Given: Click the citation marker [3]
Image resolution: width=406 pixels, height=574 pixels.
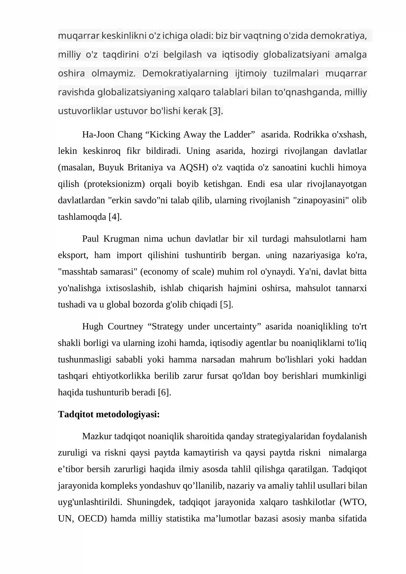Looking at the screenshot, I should [216, 111].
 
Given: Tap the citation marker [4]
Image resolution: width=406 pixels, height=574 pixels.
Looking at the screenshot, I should [115, 217].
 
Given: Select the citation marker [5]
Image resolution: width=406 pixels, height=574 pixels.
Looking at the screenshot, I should [226, 304].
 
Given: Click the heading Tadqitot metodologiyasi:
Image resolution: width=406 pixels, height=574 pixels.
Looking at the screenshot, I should [109, 414].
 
